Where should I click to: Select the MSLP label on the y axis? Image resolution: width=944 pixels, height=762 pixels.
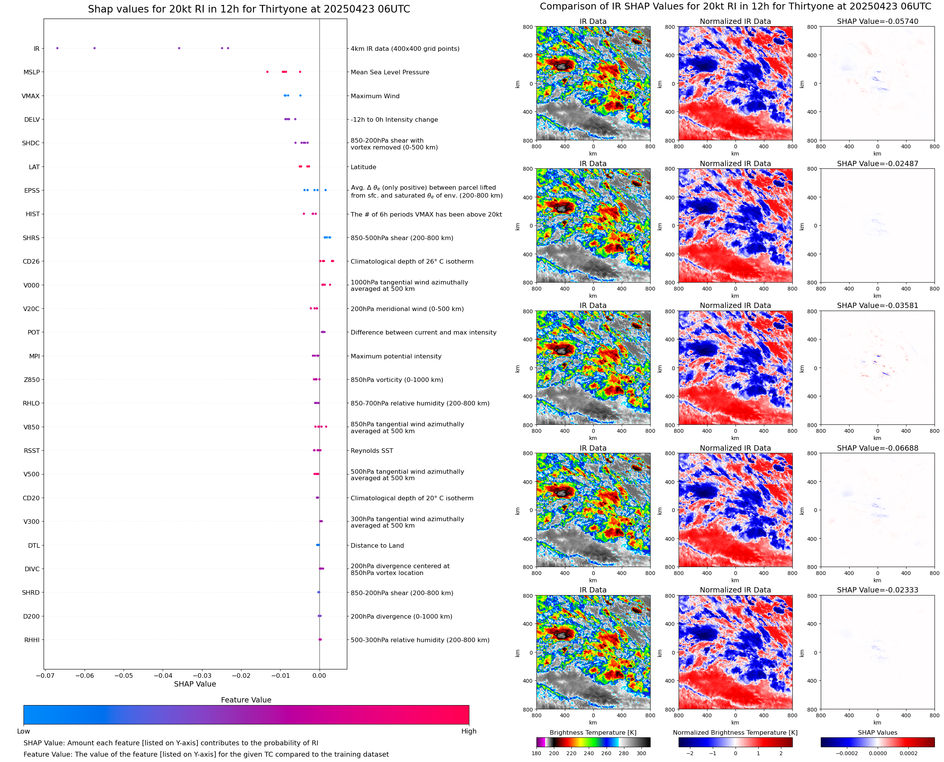31,72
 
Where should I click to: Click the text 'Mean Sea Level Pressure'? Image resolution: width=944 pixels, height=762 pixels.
389,72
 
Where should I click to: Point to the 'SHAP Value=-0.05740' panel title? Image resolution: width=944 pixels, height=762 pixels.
877,22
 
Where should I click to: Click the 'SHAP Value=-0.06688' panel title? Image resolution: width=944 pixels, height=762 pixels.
877,448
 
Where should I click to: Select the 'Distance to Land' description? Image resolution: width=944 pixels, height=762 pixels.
377,545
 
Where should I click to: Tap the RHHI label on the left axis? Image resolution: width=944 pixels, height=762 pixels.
32,640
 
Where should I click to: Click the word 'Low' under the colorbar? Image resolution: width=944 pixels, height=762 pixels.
24,731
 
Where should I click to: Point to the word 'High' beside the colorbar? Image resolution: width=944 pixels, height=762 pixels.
469,731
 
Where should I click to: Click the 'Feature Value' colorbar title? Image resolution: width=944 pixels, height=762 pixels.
246,700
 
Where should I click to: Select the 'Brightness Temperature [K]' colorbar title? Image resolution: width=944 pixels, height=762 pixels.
593,732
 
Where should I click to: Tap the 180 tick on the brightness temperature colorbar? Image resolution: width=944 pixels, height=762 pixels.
536,753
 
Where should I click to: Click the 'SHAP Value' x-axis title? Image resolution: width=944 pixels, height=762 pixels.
195,684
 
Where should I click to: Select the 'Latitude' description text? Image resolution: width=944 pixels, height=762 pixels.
363,167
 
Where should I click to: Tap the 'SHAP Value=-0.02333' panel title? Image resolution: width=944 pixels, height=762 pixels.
877,590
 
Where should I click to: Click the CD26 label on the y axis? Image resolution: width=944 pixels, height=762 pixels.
31,262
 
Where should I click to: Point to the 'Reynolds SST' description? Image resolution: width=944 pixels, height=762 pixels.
372,451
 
